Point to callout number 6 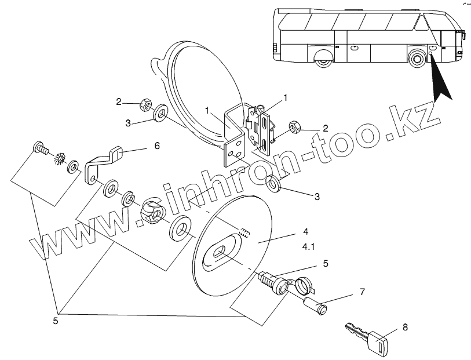(x=156, y=146)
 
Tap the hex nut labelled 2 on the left (x=144, y=105)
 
